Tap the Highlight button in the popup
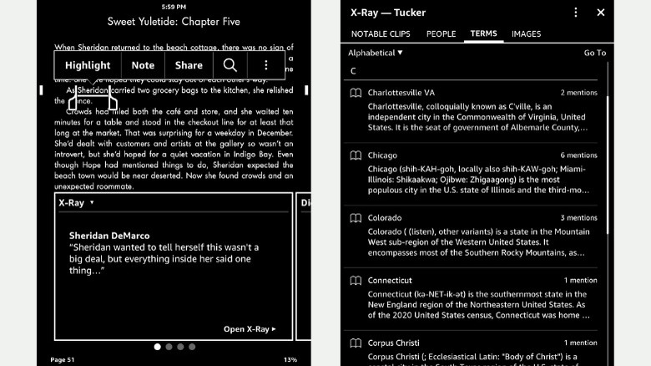(88, 65)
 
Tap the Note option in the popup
(143, 65)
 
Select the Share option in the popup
(189, 65)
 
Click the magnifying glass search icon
(230, 65)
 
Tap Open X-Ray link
(249, 329)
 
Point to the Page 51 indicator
(63, 359)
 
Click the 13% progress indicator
(290, 359)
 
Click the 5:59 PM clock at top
(174, 7)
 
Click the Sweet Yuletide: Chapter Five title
(174, 21)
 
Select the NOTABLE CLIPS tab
(381, 34)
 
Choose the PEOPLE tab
(441, 34)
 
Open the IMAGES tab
(526, 34)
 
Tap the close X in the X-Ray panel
(600, 13)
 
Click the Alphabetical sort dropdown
(376, 53)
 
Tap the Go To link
(594, 53)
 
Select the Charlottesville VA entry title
(401, 93)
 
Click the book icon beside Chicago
(356, 155)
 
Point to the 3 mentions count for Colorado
(578, 218)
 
